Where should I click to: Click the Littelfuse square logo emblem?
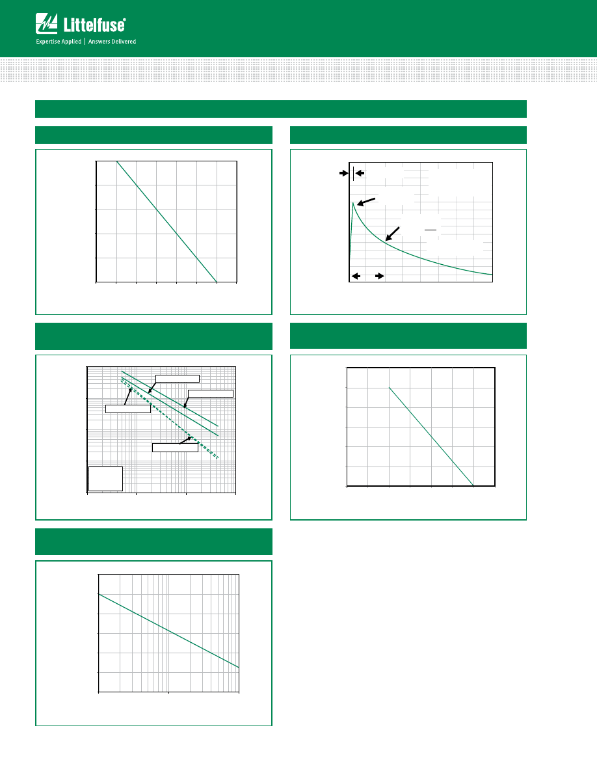(x=46, y=23)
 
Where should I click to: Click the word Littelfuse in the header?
(x=94, y=25)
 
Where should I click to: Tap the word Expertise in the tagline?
(x=47, y=42)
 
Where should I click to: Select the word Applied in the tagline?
(x=71, y=42)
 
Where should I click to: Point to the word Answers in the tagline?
(x=99, y=42)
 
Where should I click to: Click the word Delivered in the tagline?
(x=124, y=42)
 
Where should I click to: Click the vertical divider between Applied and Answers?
(x=85, y=42)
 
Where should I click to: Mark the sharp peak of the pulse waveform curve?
(x=352, y=202)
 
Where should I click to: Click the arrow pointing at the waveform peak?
(x=366, y=202)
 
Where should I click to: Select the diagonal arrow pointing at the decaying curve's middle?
(x=392, y=234)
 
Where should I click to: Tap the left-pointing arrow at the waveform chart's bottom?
(x=356, y=276)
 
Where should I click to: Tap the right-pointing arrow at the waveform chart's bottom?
(x=379, y=276)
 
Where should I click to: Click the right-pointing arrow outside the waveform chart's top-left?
(x=344, y=173)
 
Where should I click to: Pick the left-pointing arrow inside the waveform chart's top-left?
(x=360, y=173)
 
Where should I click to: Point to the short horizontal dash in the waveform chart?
(x=431, y=230)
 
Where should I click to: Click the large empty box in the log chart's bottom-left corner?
(x=105, y=479)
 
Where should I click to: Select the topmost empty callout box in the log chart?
(x=178, y=379)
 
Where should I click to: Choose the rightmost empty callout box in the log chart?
(x=210, y=394)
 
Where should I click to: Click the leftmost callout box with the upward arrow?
(x=128, y=409)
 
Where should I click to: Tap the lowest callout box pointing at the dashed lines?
(x=175, y=448)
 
